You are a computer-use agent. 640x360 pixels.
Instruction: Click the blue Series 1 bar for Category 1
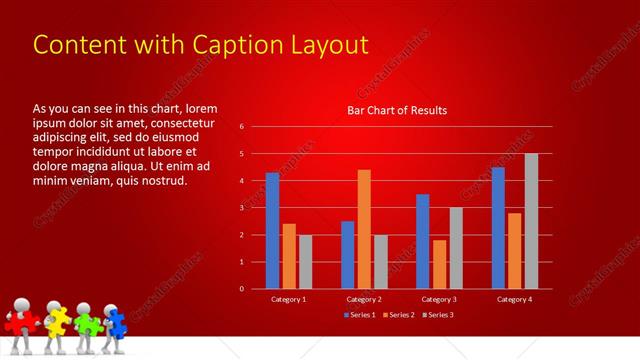tap(272, 231)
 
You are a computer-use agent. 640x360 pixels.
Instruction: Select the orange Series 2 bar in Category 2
tap(364, 229)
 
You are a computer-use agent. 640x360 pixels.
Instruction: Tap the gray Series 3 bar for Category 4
tap(531, 221)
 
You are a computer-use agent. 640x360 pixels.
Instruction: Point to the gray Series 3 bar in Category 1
tap(305, 262)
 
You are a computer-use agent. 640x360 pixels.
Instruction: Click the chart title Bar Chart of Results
tap(397, 110)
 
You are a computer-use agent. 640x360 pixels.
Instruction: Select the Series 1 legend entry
tap(360, 316)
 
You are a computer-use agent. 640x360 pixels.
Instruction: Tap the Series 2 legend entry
tap(398, 316)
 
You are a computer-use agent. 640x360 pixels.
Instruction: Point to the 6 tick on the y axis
tap(242, 127)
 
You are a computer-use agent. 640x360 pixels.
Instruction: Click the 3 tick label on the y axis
tap(242, 208)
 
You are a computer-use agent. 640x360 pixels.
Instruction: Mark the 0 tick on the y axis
tap(242, 289)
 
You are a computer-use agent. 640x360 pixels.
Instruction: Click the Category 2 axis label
tap(364, 299)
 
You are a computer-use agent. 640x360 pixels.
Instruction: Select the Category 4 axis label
tap(514, 299)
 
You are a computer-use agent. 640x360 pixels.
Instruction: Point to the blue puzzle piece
tap(116, 322)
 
